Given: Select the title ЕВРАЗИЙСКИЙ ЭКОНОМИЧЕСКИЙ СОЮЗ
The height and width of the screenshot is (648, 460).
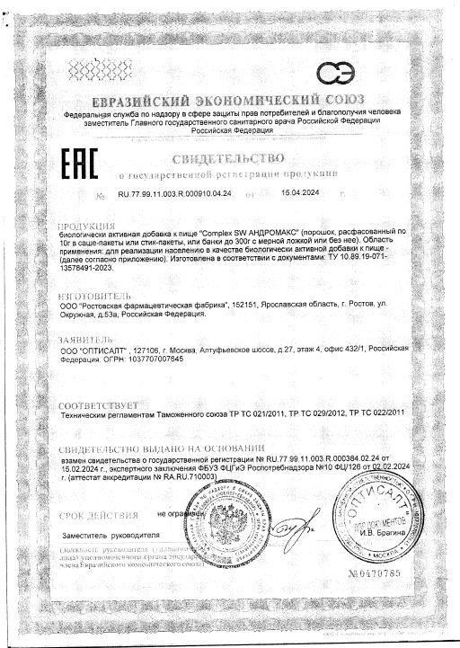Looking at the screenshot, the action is [x=229, y=100].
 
